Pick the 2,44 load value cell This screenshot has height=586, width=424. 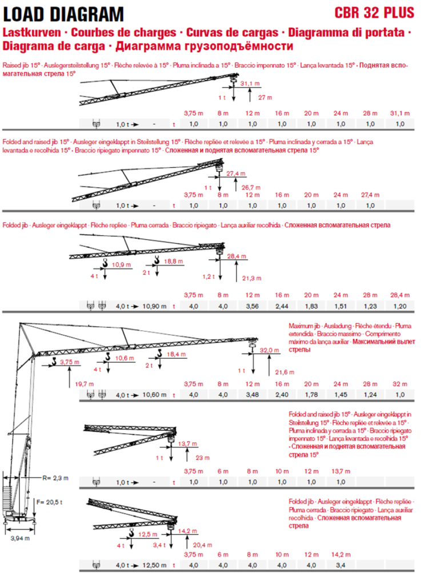pyautogui.click(x=282, y=306)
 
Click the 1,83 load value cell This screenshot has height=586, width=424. pyautogui.click(x=311, y=306)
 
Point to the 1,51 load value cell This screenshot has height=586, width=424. pyautogui.click(x=341, y=306)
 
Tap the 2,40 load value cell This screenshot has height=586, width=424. pyautogui.click(x=282, y=394)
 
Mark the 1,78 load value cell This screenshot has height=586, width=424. pyautogui.click(x=311, y=394)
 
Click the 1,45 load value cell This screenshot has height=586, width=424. pyautogui.click(x=341, y=394)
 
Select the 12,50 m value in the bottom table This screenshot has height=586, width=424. pyautogui.click(x=155, y=565)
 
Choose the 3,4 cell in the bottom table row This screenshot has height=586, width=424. pyautogui.click(x=341, y=565)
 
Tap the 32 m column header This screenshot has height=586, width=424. pyautogui.click(x=401, y=383)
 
